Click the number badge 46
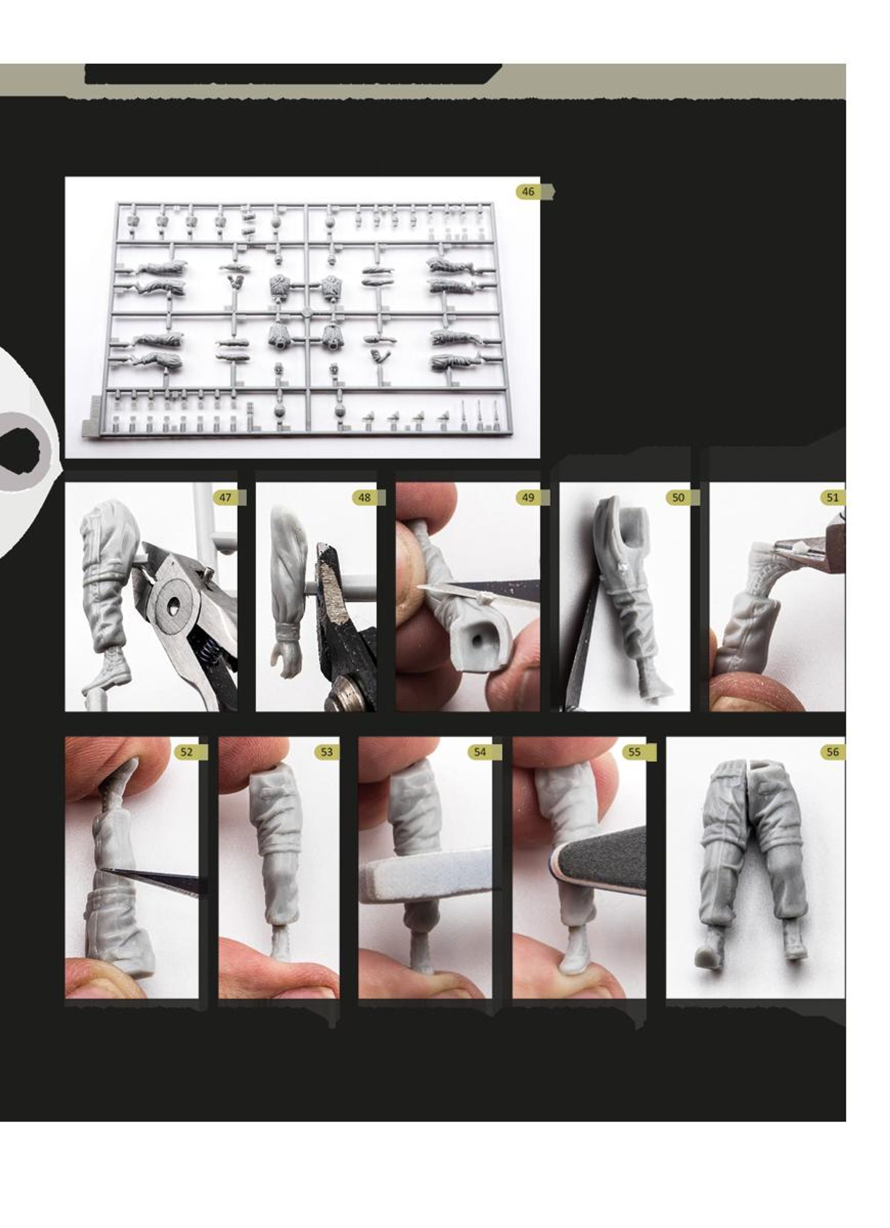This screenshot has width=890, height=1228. (528, 192)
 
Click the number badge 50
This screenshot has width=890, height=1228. (678, 497)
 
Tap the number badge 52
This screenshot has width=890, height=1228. (186, 752)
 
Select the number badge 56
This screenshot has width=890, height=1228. (833, 752)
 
